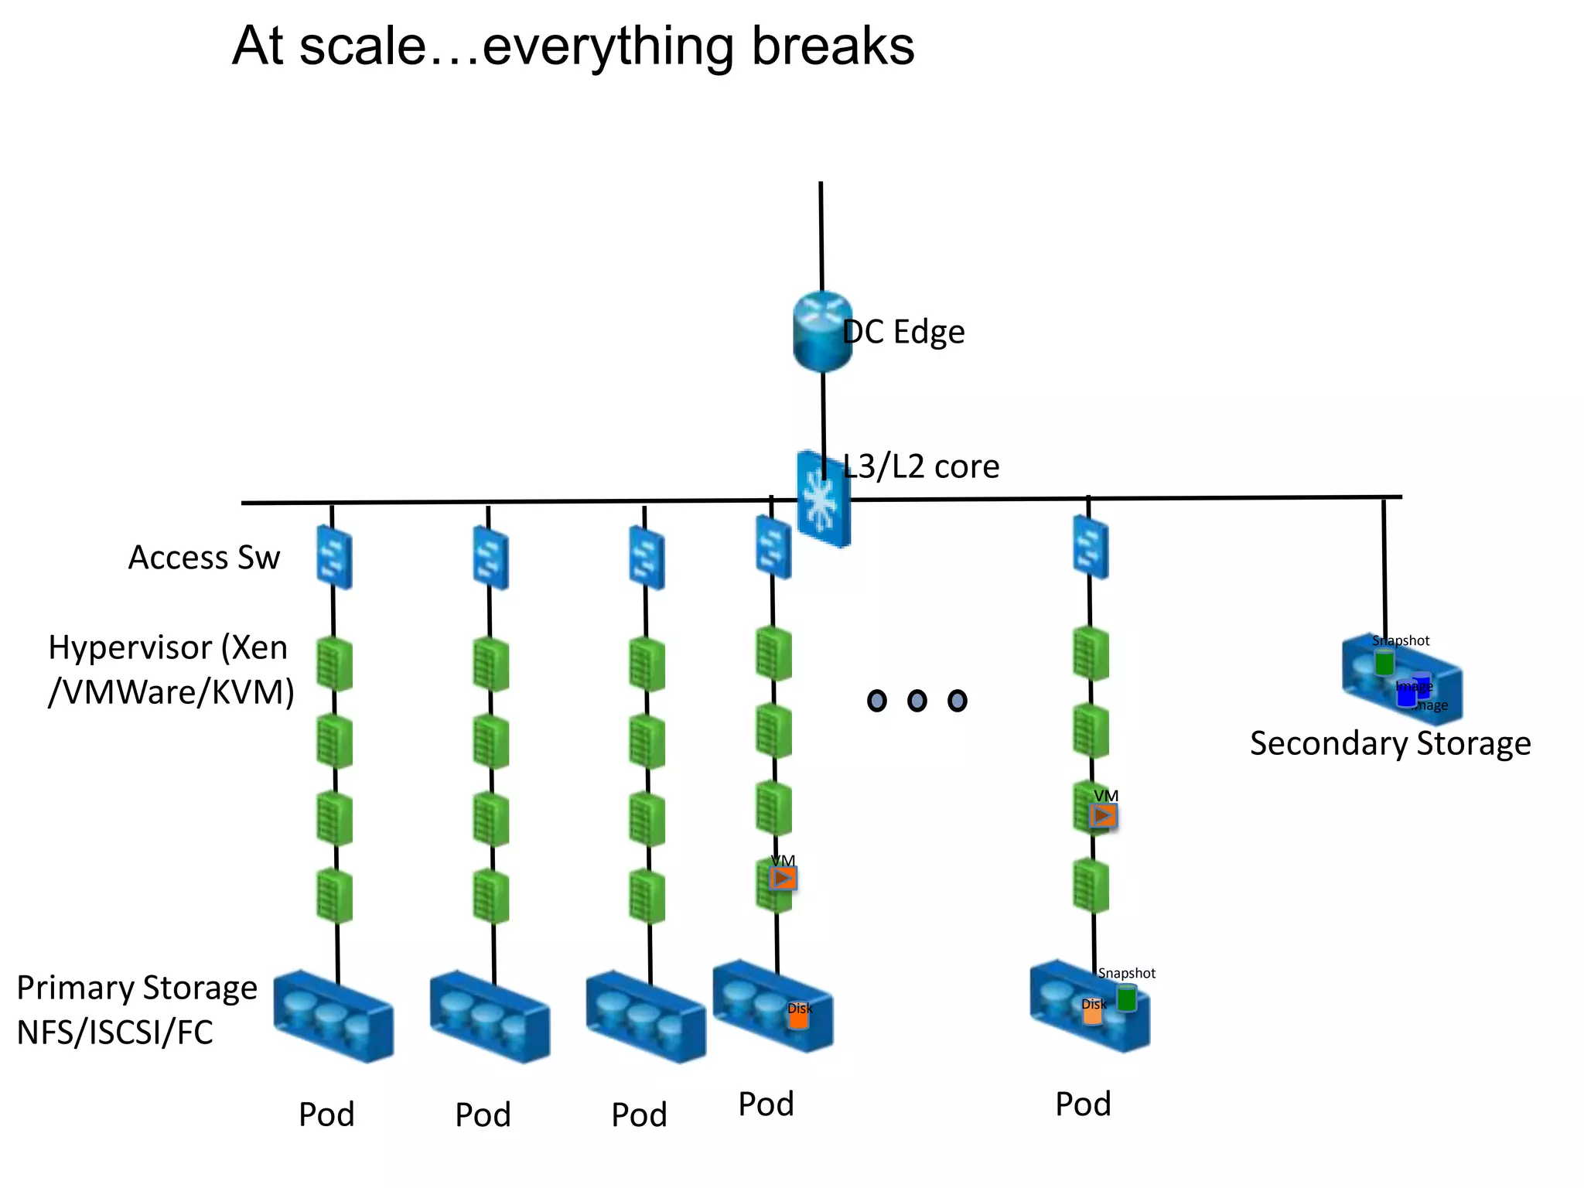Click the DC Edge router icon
tap(822, 331)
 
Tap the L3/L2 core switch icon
tap(823, 500)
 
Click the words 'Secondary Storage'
tap(1390, 743)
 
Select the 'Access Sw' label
tap(203, 558)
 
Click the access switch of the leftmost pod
tap(334, 557)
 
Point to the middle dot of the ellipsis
tap(917, 701)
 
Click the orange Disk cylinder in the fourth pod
tap(798, 1018)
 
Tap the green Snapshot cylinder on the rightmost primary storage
tap(1127, 999)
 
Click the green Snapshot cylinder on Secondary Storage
tap(1384, 663)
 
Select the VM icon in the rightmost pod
tap(1103, 815)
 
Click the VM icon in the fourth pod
tap(783, 879)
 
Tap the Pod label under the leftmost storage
tap(326, 1115)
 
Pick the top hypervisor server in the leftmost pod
tap(334, 664)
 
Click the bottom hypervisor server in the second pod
tap(491, 896)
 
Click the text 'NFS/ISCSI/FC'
tap(114, 1033)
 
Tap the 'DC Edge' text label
tap(903, 332)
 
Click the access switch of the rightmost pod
tap(1091, 548)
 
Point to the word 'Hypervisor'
tap(130, 647)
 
